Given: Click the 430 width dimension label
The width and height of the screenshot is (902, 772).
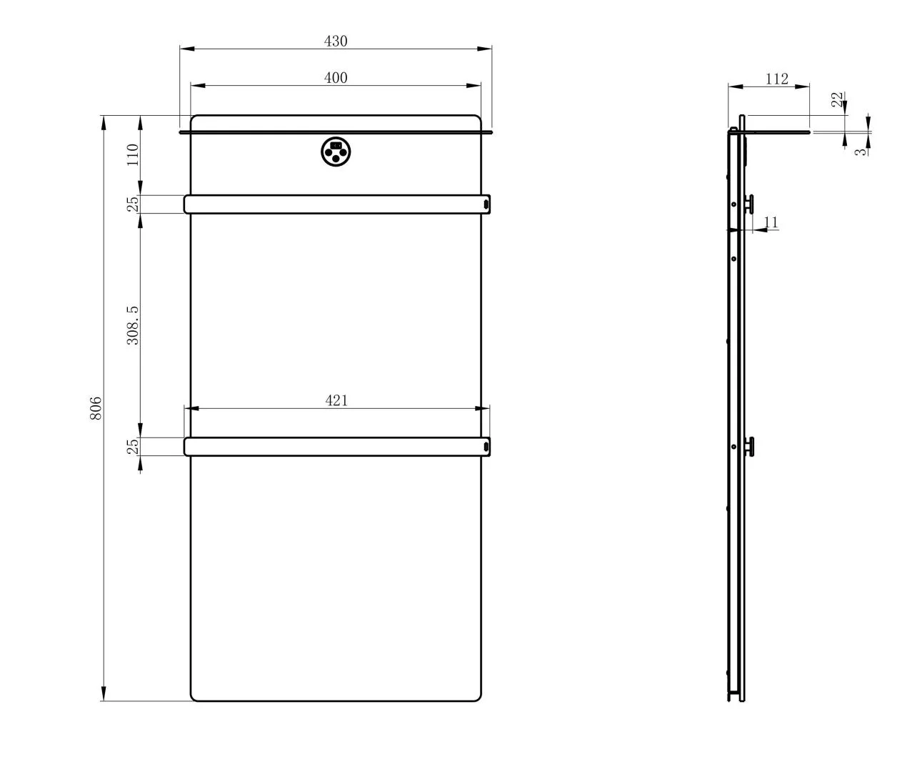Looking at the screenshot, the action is [336, 41].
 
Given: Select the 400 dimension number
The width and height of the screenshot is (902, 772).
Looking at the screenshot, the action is [336, 78].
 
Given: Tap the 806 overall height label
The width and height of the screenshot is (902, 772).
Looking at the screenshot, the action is [96, 408].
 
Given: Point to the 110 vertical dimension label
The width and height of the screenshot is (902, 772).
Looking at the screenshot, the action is [133, 154].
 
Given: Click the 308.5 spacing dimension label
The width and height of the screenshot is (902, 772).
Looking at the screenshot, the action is [133, 325].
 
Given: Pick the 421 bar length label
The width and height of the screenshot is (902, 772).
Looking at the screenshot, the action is [336, 400].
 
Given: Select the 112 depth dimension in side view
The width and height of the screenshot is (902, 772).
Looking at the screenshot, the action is [777, 79].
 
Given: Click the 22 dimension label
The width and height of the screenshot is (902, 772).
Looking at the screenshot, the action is [836, 99].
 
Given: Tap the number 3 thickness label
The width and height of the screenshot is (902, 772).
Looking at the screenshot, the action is [860, 152].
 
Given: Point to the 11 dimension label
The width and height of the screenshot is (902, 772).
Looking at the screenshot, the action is [771, 222].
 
